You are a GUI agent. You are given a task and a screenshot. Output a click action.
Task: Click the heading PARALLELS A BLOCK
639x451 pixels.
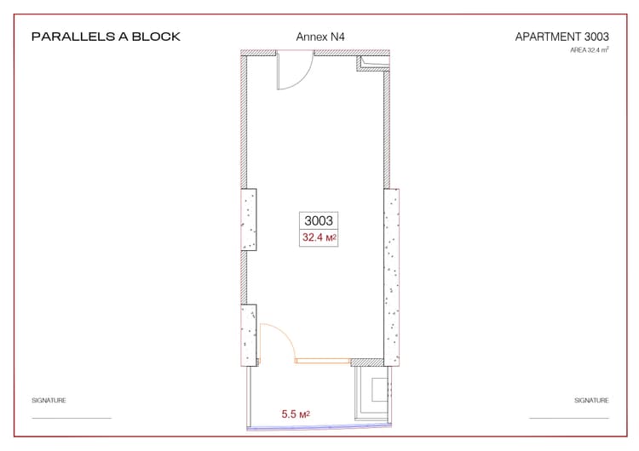[x=105, y=37]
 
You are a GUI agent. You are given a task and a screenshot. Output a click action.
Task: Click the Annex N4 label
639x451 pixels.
[x=319, y=37]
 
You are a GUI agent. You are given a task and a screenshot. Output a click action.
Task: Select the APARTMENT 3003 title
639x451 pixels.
[x=561, y=37]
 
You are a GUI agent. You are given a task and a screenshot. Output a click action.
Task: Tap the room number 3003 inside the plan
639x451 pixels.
[x=319, y=220]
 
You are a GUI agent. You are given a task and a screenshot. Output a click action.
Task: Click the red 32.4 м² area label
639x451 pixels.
[x=319, y=238]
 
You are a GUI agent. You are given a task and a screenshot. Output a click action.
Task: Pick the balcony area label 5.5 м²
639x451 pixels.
[x=295, y=414]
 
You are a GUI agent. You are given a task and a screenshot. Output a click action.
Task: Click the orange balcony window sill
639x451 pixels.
[x=322, y=361]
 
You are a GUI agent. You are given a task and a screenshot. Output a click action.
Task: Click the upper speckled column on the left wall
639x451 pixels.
[x=249, y=219]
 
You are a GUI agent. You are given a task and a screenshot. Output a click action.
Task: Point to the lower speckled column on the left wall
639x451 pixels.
[x=249, y=334]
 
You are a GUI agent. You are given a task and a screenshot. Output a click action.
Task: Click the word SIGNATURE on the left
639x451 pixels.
[x=49, y=400]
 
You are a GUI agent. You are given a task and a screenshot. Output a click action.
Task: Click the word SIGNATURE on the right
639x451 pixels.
[x=591, y=400]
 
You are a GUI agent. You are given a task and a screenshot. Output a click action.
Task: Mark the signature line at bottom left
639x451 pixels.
[x=72, y=418]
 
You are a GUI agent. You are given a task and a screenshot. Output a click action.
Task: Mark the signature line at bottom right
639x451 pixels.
[x=568, y=418]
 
